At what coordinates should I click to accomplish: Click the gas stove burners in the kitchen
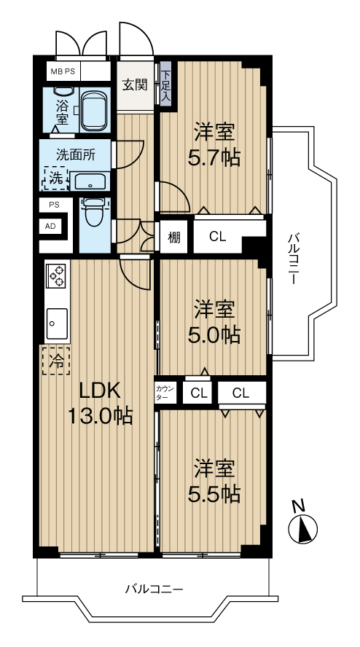[57, 275]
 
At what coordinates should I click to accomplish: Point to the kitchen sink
[57, 323]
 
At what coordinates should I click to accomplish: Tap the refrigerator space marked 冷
[55, 361]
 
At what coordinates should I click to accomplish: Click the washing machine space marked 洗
[57, 179]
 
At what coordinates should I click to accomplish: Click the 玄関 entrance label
[135, 85]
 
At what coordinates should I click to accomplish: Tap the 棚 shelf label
[174, 238]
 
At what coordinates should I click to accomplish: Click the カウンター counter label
[165, 393]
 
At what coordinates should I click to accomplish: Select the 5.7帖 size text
[214, 157]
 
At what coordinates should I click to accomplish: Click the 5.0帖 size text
[214, 335]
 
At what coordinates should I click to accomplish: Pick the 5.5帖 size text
[214, 494]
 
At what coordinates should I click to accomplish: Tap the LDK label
[100, 391]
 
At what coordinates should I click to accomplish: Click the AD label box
[50, 226]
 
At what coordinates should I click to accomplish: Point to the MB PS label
[63, 71]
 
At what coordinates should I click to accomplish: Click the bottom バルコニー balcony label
[154, 589]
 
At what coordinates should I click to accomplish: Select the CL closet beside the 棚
[217, 237]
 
